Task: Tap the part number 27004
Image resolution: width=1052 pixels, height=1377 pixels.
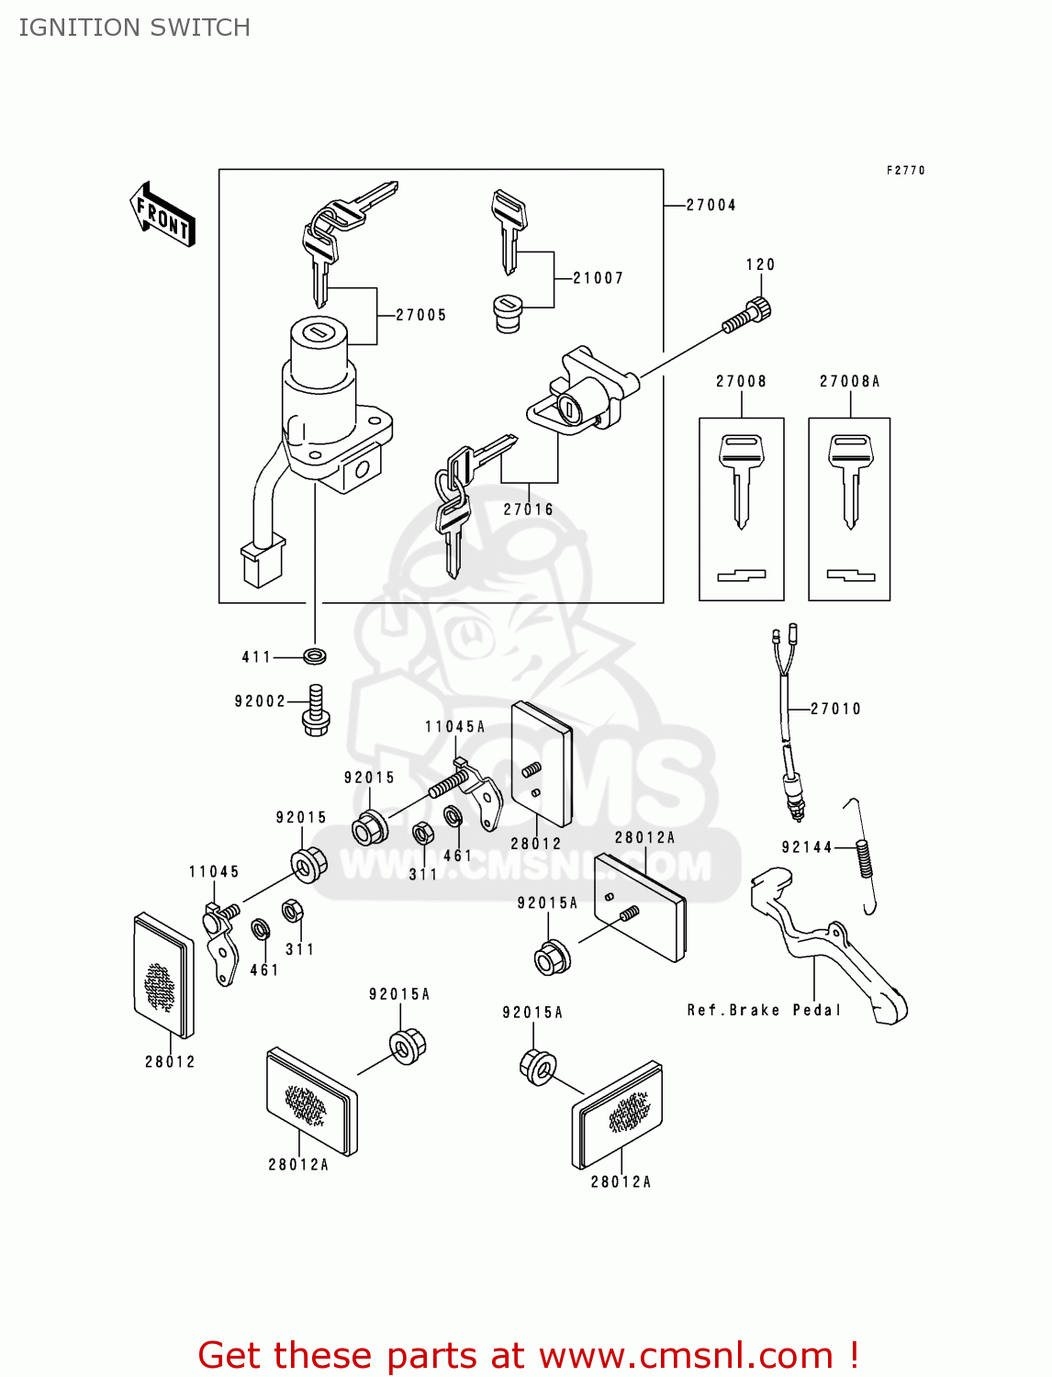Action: [711, 206]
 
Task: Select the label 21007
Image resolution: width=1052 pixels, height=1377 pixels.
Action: [598, 278]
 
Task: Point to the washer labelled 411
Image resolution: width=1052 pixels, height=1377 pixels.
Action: [315, 656]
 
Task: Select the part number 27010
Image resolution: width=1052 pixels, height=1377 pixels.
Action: [835, 709]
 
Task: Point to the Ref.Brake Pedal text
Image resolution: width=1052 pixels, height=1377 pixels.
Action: [764, 1010]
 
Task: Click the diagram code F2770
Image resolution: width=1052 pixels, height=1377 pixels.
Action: [905, 171]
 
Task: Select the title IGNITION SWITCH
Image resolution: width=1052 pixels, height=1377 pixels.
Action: [135, 28]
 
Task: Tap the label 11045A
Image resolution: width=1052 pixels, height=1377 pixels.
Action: [454, 727]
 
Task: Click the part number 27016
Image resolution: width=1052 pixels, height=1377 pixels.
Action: [529, 509]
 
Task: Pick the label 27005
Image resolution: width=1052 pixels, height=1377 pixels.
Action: [421, 315]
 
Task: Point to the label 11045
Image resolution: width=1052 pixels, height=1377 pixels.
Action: [214, 872]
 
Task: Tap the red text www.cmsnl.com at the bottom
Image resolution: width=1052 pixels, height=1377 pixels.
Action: [686, 1356]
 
